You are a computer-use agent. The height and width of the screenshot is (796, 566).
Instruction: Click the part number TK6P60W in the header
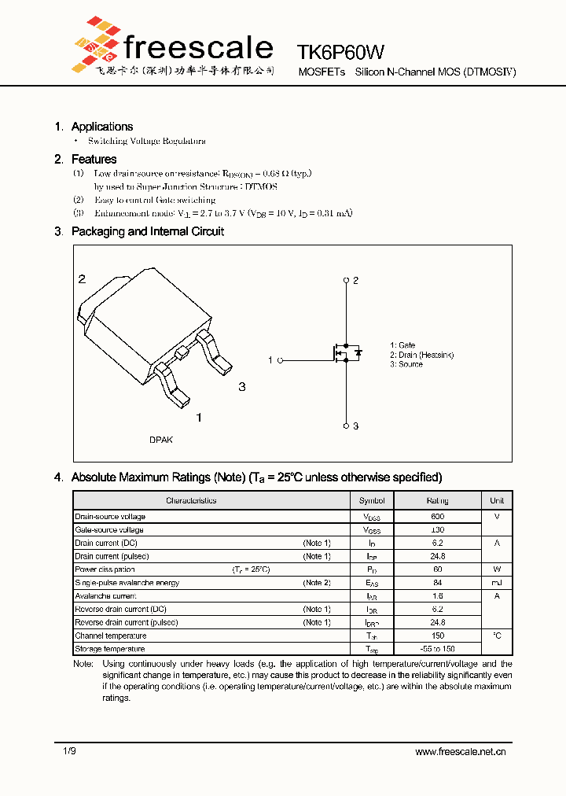click(x=341, y=52)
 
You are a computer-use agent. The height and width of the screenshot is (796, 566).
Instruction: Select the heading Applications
click(x=102, y=127)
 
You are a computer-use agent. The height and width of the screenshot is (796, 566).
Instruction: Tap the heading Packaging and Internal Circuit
click(x=147, y=231)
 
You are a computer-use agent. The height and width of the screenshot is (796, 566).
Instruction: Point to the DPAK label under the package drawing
click(x=161, y=440)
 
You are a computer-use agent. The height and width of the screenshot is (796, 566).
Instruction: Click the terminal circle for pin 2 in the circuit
click(x=346, y=281)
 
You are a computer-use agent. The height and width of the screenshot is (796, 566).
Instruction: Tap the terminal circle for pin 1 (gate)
click(x=280, y=360)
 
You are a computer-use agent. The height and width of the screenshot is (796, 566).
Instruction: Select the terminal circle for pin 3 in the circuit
click(x=346, y=426)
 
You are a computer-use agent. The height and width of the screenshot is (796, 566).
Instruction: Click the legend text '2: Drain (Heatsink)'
click(x=421, y=355)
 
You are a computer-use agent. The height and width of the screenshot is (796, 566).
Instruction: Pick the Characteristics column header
click(x=191, y=500)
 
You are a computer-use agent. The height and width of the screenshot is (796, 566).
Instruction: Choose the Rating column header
click(x=437, y=500)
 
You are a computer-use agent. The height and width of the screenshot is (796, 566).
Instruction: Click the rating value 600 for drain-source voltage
click(x=437, y=517)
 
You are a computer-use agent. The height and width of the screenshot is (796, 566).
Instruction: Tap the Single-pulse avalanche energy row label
click(x=127, y=583)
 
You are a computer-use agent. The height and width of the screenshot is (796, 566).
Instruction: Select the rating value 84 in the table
click(x=437, y=583)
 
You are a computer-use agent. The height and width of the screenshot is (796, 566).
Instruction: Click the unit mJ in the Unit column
click(x=497, y=583)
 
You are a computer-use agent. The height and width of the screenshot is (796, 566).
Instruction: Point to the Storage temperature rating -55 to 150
click(x=437, y=649)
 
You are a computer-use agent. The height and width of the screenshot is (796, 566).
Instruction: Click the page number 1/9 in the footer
click(x=69, y=752)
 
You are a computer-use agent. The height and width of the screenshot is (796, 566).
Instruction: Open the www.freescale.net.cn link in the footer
click(x=460, y=752)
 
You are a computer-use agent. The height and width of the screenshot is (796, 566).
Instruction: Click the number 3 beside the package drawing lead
click(x=242, y=386)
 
